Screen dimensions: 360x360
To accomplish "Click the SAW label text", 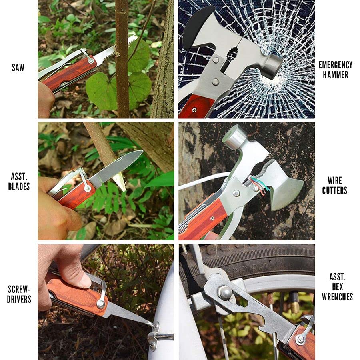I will (x=18, y=68).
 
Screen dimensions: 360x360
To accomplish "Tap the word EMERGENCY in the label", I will (x=335, y=65).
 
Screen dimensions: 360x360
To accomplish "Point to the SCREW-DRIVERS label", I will (x=19, y=294).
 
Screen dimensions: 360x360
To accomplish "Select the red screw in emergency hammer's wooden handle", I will (x=195, y=109).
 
